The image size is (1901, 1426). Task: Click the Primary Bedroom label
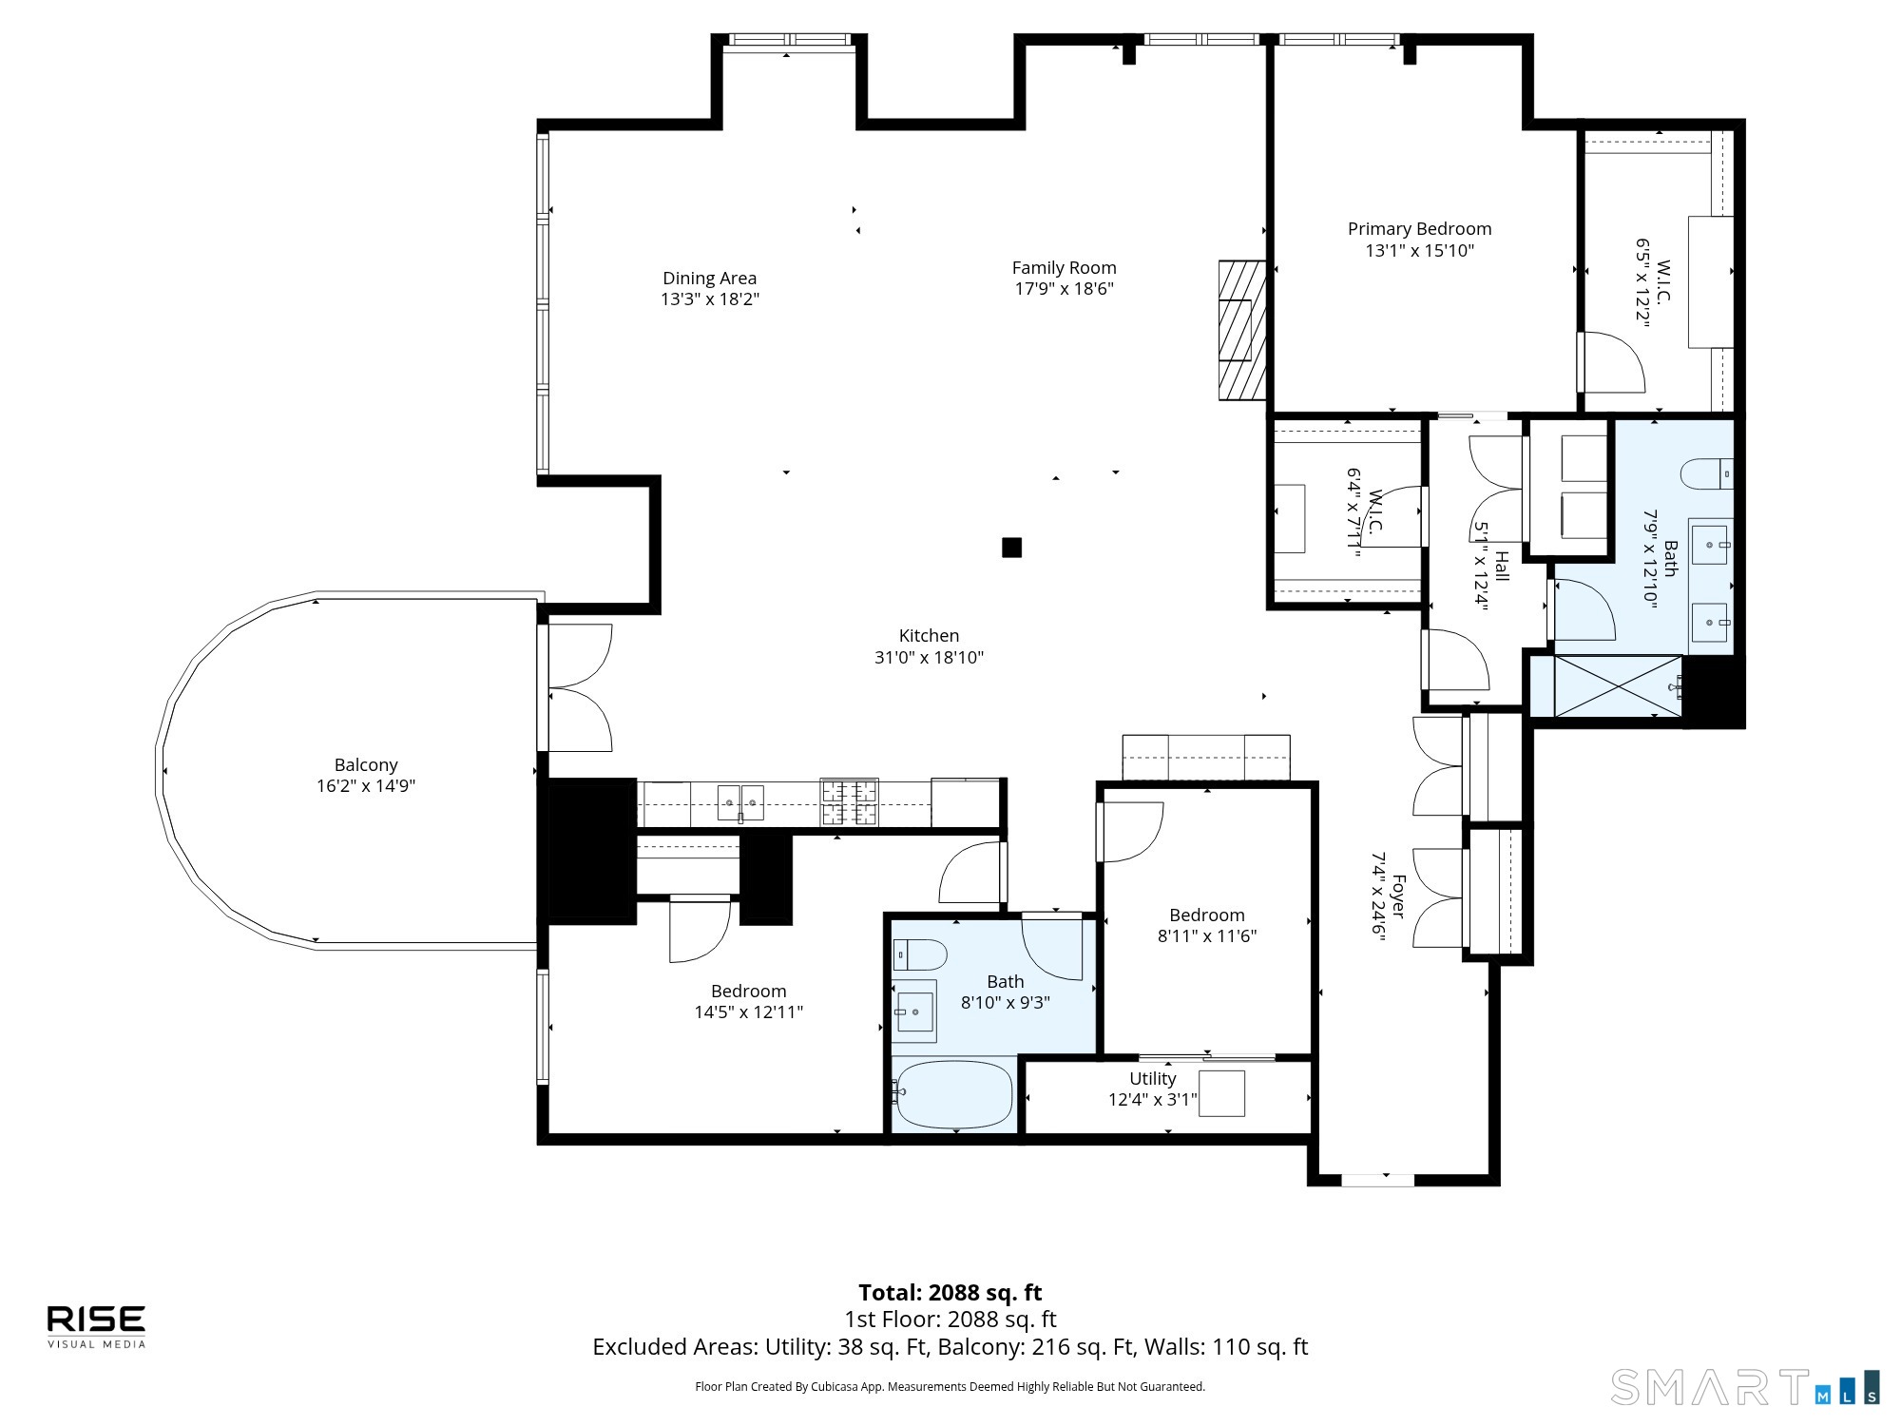tap(1419, 229)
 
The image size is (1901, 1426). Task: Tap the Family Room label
tap(1064, 268)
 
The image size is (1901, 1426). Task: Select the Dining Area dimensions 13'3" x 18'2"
tap(710, 299)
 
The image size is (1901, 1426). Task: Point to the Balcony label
tap(366, 765)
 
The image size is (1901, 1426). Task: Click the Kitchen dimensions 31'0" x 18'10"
tap(929, 657)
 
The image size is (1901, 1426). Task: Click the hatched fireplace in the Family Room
tap(1243, 330)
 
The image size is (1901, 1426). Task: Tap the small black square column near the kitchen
tap(1011, 548)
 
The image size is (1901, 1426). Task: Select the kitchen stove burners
tap(849, 802)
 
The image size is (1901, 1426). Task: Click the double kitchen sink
tap(740, 803)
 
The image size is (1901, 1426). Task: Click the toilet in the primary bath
tap(1706, 473)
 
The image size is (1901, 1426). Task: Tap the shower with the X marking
tap(1617, 685)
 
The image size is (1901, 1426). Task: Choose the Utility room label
tap(1152, 1079)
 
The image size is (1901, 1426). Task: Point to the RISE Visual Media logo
tap(97, 1326)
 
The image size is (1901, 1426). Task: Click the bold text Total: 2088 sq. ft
tap(950, 1293)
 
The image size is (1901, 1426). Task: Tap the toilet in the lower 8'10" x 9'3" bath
tap(919, 954)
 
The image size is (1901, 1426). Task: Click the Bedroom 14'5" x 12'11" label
tap(749, 992)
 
